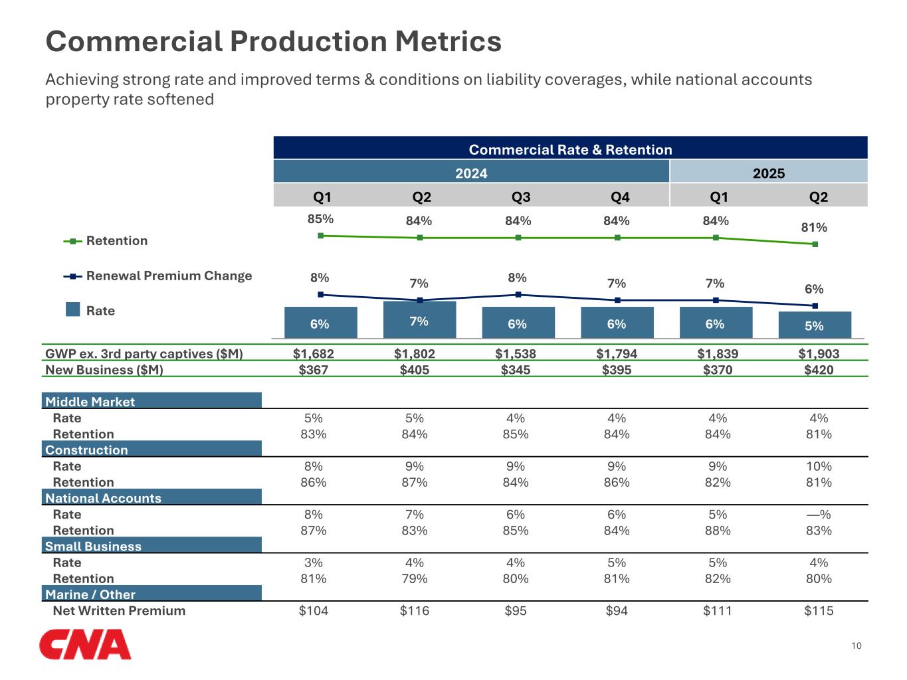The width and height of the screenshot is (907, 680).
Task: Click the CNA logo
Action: [x=85, y=645]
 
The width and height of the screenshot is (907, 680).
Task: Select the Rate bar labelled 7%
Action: [x=419, y=320]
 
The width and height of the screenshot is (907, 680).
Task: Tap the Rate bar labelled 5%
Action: [x=814, y=325]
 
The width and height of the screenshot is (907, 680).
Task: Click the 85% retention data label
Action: [x=320, y=219]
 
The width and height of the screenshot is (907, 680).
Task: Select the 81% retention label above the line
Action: [x=814, y=228]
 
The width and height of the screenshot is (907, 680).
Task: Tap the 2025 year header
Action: [x=768, y=173]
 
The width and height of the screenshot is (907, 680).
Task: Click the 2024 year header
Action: [x=471, y=173]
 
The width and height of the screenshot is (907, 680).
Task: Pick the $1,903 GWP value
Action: [x=819, y=354]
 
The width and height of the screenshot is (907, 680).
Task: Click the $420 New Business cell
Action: [x=819, y=370]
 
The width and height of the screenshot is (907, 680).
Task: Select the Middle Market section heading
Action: [x=90, y=402]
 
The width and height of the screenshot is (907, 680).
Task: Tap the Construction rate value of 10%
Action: [x=819, y=466]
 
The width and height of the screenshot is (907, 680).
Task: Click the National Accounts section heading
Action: [x=103, y=498]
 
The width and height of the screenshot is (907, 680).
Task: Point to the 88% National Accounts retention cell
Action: [x=718, y=531]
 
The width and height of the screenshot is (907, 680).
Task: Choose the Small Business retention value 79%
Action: [x=415, y=578]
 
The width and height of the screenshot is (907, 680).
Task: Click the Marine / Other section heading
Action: [x=90, y=594]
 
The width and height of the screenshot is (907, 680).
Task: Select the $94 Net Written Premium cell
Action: [x=617, y=611]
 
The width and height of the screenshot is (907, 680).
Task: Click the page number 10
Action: [x=857, y=645]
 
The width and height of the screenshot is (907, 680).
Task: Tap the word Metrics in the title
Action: [x=448, y=41]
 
